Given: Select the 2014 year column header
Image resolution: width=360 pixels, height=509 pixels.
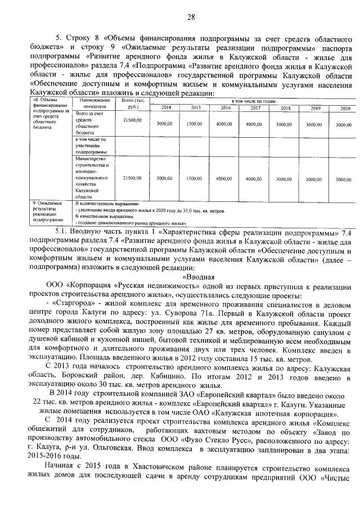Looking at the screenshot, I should coord(167,107).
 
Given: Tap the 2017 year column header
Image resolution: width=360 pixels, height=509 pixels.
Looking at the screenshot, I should coord(255,107).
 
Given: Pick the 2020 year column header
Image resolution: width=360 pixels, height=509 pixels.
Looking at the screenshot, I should coord(344,107).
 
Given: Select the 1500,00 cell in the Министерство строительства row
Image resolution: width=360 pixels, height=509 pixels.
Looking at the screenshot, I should coord(194,178).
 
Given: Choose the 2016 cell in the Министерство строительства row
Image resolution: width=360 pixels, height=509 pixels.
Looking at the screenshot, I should coord(224,178).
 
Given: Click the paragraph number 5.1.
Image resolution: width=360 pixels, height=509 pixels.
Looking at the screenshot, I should coord(61,232).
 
